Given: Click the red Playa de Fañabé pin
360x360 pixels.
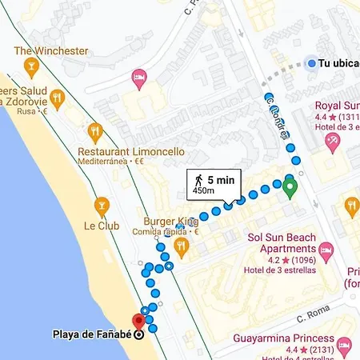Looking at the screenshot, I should point(138,322).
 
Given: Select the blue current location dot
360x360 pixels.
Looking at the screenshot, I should point(310,64).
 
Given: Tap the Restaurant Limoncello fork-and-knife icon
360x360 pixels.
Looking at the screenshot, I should point(94,131).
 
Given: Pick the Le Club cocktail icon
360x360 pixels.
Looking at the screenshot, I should point(101,206).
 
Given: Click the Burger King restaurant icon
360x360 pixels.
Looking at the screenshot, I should point(181,247).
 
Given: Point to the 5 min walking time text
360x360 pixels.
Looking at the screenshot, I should point(221,180).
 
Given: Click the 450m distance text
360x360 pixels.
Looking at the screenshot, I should point(204,191).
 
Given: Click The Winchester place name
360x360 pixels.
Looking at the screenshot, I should point(51,51).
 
